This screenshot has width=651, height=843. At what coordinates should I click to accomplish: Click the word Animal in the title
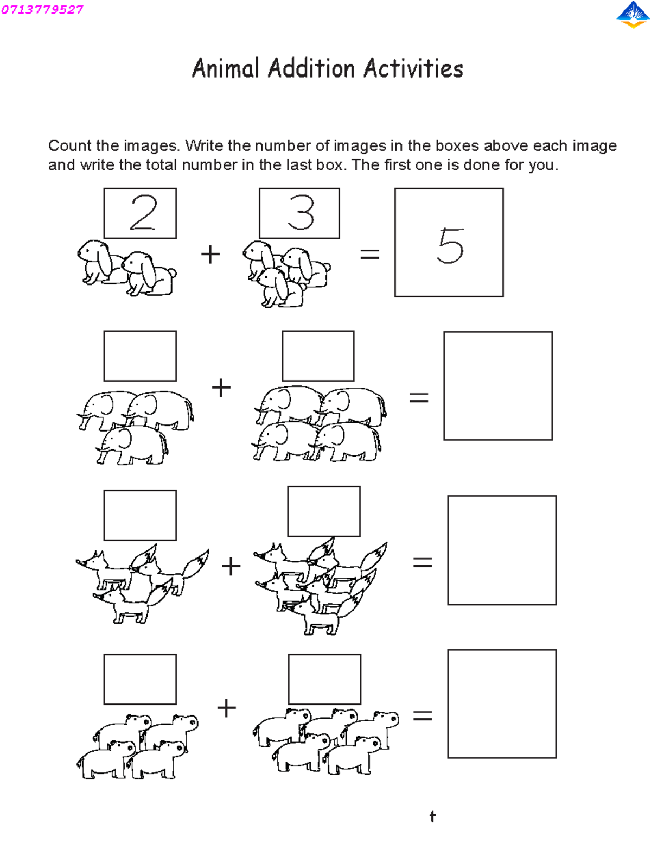point(226,69)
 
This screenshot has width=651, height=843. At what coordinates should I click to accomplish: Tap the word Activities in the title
point(413,69)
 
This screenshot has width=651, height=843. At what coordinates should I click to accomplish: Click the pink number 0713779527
point(42,10)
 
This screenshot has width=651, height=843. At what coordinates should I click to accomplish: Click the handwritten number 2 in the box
point(143,213)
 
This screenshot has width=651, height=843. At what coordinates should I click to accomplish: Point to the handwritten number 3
point(301,213)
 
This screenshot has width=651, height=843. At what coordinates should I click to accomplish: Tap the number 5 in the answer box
point(450,246)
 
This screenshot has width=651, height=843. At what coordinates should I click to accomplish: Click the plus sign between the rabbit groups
point(210,254)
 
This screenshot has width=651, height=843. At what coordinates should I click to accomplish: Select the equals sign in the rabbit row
point(370,254)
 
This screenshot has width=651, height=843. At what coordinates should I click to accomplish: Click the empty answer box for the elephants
point(497,385)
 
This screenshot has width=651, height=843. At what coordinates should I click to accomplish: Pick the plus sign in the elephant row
point(221,388)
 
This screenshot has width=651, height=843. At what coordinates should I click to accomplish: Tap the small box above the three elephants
point(140,356)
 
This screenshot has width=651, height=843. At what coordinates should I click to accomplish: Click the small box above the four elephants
point(318,356)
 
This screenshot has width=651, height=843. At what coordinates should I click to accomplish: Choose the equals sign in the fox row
point(423,563)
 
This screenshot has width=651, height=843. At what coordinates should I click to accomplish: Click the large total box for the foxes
point(501,550)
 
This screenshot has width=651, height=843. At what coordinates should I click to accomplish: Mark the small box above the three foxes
point(140,515)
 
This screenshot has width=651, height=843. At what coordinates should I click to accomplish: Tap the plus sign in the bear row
point(226,708)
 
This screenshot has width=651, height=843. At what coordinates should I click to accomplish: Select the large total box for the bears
point(501,703)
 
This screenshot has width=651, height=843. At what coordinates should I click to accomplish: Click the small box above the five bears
point(324,679)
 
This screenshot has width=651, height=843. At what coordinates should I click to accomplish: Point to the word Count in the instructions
point(69,145)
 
